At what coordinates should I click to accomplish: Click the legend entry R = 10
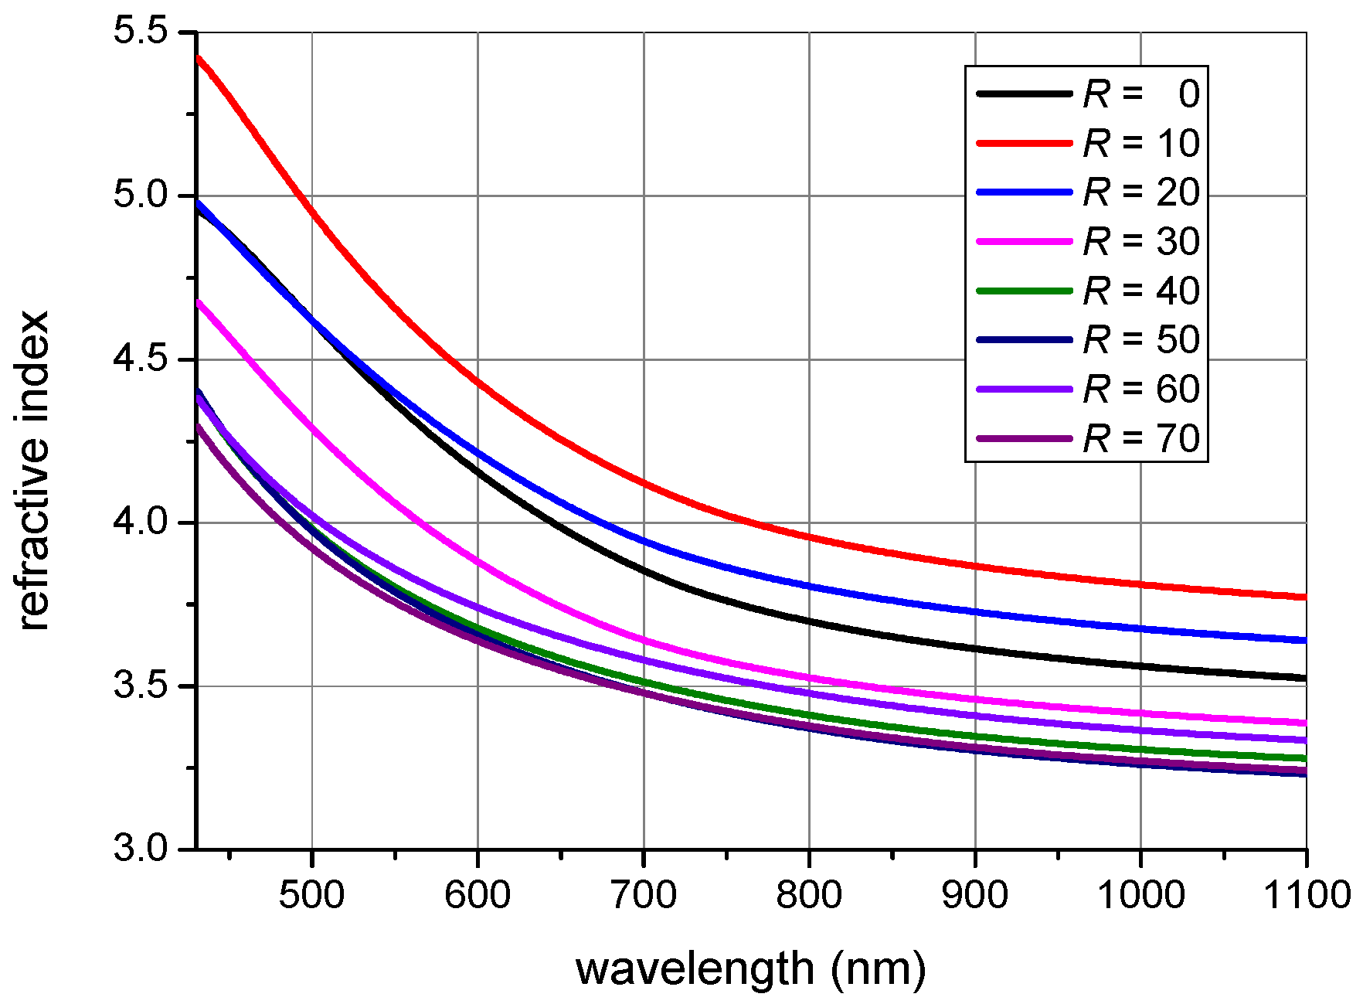(x=1141, y=144)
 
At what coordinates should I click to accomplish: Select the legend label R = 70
(x=1141, y=439)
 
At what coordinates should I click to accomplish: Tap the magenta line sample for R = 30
(x=1025, y=242)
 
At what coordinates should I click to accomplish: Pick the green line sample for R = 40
(x=1025, y=291)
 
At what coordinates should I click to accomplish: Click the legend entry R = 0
(x=1141, y=94)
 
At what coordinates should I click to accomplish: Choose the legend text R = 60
(x=1141, y=390)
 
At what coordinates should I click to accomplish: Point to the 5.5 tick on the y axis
(x=141, y=32)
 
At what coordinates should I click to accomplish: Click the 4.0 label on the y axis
(x=141, y=522)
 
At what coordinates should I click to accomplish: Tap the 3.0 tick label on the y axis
(x=141, y=848)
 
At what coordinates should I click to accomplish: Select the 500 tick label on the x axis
(x=311, y=895)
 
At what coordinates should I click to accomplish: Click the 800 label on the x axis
(x=809, y=895)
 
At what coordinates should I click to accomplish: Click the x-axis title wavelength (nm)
(x=751, y=968)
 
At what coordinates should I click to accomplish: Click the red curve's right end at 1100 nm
(x=1304, y=597)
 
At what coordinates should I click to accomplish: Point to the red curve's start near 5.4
(x=199, y=59)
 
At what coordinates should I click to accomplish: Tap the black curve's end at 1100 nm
(x=1304, y=678)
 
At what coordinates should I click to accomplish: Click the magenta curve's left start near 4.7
(x=199, y=303)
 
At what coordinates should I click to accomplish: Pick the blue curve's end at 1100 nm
(x=1304, y=640)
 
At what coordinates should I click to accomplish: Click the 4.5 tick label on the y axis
(x=141, y=359)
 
